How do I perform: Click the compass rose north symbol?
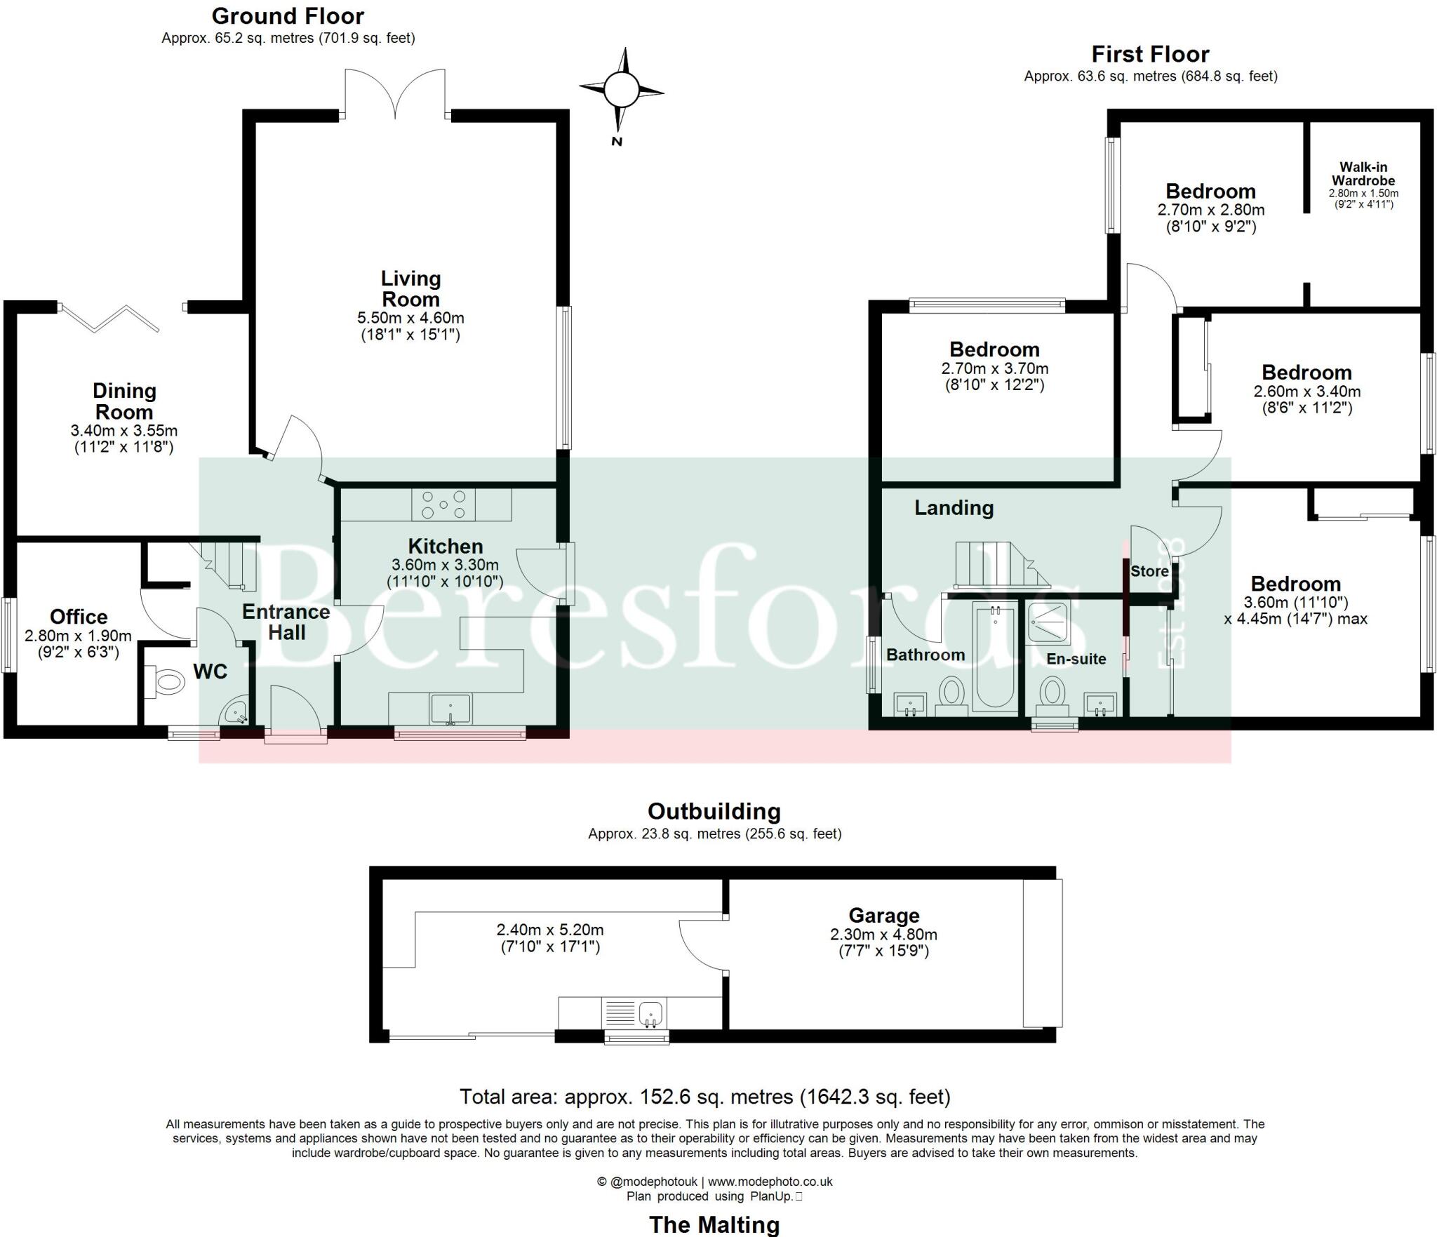tap(621, 90)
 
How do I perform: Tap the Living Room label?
tap(410, 288)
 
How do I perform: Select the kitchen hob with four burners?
tap(443, 504)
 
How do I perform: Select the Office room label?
tap(79, 617)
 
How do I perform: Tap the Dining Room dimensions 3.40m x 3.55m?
tap(124, 430)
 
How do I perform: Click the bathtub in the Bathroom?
tap(995, 656)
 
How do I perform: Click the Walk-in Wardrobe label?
tap(1363, 173)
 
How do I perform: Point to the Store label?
tap(1149, 571)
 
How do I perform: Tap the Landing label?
tap(954, 507)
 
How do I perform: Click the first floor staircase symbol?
tap(996, 565)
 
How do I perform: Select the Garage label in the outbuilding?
tap(883, 915)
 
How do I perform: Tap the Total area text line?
tap(704, 1096)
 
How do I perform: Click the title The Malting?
tap(714, 1224)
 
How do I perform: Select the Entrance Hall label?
tap(286, 622)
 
